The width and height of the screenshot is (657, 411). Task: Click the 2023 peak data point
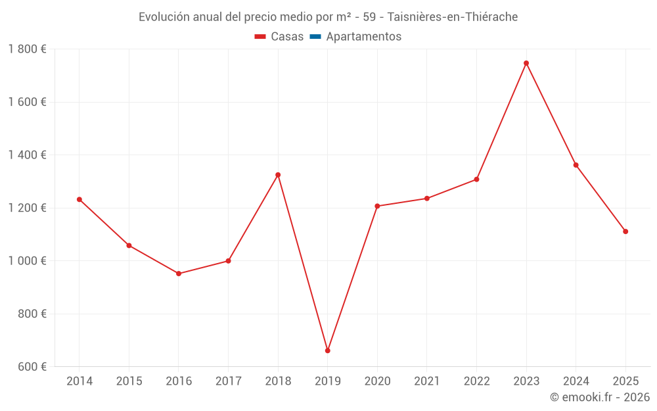tap(526, 63)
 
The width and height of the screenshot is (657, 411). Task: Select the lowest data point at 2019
tap(327, 351)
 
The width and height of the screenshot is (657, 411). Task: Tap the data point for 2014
tap(79, 199)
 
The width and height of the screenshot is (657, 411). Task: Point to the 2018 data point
tap(278, 175)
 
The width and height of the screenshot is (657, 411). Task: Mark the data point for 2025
tap(625, 231)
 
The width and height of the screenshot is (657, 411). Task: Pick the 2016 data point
tap(179, 274)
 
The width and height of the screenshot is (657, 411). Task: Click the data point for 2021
tap(427, 199)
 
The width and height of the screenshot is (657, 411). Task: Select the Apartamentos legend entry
tap(363, 37)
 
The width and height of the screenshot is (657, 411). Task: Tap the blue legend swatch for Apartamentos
tap(315, 37)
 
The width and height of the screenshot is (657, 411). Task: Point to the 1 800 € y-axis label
tap(27, 49)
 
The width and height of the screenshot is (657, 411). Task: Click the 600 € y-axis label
tap(32, 366)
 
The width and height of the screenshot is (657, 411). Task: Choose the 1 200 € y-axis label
tap(27, 208)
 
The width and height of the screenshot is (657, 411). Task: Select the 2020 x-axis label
tap(377, 381)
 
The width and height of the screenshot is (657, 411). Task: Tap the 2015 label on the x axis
tap(129, 381)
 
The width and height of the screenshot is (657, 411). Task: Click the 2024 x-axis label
tap(576, 381)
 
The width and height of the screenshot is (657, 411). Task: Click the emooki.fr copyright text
tap(600, 397)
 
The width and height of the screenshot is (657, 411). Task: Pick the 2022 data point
tap(476, 180)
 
